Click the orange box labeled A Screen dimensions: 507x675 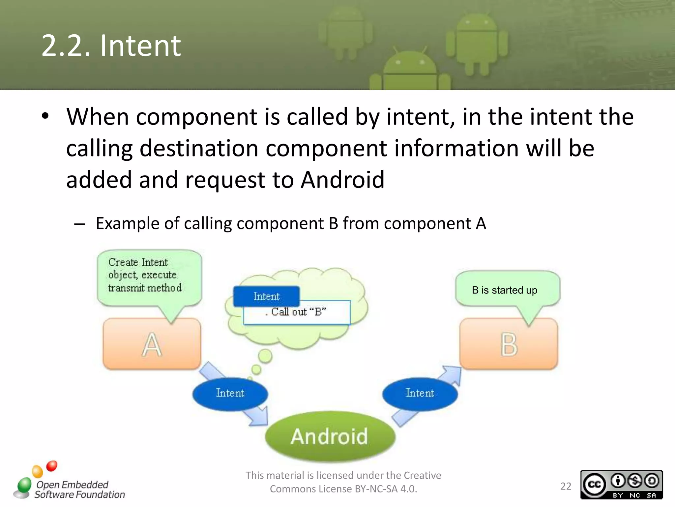pos(152,344)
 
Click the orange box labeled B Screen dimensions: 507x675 pos(509,344)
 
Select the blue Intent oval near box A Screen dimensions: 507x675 pos(230,393)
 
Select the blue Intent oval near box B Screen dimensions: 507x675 pos(420,393)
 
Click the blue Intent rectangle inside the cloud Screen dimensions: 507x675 pos(266,296)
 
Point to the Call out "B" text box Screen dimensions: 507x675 pos(297,312)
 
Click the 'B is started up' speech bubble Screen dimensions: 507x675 pos(505,290)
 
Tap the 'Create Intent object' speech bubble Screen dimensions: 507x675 pos(145,275)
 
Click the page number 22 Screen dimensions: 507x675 pos(566,486)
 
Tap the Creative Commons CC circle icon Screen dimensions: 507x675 pos(595,485)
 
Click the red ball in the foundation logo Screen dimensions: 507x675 pos(52,466)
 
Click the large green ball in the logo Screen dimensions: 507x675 pos(24,485)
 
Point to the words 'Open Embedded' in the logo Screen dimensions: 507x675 pos(72,484)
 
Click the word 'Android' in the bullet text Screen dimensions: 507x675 pos(343,180)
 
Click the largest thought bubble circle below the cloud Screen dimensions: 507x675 pos(265,356)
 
